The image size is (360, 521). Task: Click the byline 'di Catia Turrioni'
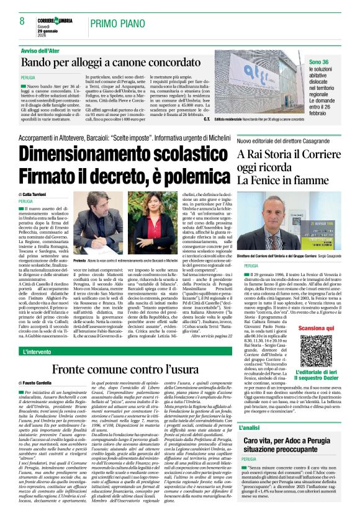(x=38, y=194)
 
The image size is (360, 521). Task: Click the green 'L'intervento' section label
(x=37, y=352)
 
